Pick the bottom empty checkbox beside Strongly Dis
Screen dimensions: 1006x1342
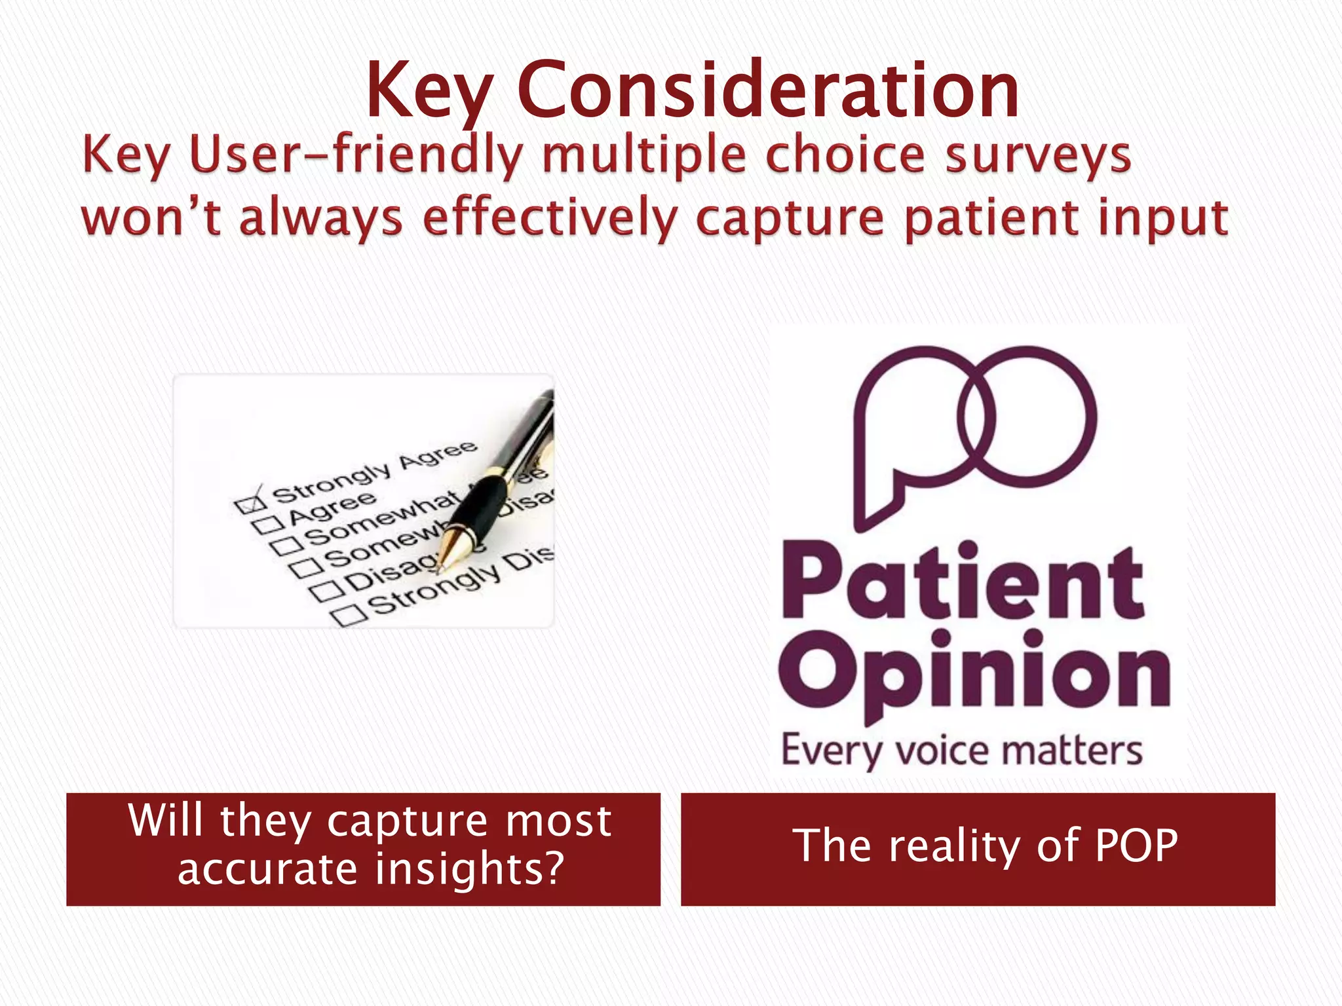349,615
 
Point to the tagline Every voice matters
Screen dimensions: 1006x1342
961,751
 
